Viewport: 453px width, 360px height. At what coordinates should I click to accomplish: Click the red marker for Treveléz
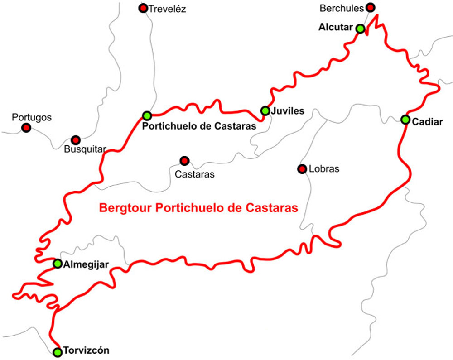pos(143,8)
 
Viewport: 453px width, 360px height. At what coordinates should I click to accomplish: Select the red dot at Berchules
pos(371,7)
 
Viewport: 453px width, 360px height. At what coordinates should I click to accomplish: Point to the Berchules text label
pos(342,8)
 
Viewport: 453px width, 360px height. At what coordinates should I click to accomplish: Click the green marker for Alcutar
pos(360,29)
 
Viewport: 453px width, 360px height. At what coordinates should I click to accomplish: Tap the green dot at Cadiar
pos(405,120)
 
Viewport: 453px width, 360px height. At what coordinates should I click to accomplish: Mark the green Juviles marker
pos(265,110)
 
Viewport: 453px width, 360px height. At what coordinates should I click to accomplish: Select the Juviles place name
pos(288,111)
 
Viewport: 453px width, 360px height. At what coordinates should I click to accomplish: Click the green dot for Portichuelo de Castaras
pos(146,115)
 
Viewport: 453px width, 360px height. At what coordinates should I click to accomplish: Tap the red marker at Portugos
pos(26,128)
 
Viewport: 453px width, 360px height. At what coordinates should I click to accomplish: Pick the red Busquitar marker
pos(76,140)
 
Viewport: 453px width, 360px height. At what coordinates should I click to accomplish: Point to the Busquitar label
pos(85,149)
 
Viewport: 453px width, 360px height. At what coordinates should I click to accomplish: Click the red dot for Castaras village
pos(184,160)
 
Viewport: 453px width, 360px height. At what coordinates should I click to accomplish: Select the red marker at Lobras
pos(301,169)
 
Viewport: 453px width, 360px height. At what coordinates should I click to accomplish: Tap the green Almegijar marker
pos(58,264)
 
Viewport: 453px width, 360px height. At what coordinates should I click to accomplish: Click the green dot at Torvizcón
pos(57,352)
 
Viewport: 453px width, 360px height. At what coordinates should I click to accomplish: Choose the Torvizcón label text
pos(86,351)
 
